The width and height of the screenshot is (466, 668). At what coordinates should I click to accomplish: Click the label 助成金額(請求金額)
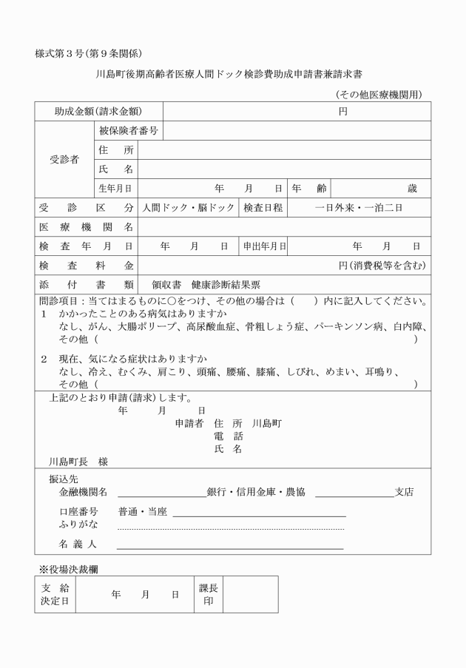(98, 112)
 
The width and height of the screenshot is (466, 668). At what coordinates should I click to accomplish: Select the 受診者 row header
(64, 160)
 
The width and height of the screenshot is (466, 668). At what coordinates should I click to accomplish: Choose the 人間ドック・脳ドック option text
(189, 208)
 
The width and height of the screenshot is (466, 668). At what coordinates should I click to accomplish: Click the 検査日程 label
(263, 208)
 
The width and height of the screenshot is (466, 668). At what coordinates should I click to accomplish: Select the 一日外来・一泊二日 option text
(358, 208)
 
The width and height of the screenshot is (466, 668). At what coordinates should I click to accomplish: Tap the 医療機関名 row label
(86, 227)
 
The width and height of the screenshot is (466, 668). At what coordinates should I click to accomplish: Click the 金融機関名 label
(84, 492)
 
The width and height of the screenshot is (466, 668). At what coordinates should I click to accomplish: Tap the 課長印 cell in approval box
(208, 594)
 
